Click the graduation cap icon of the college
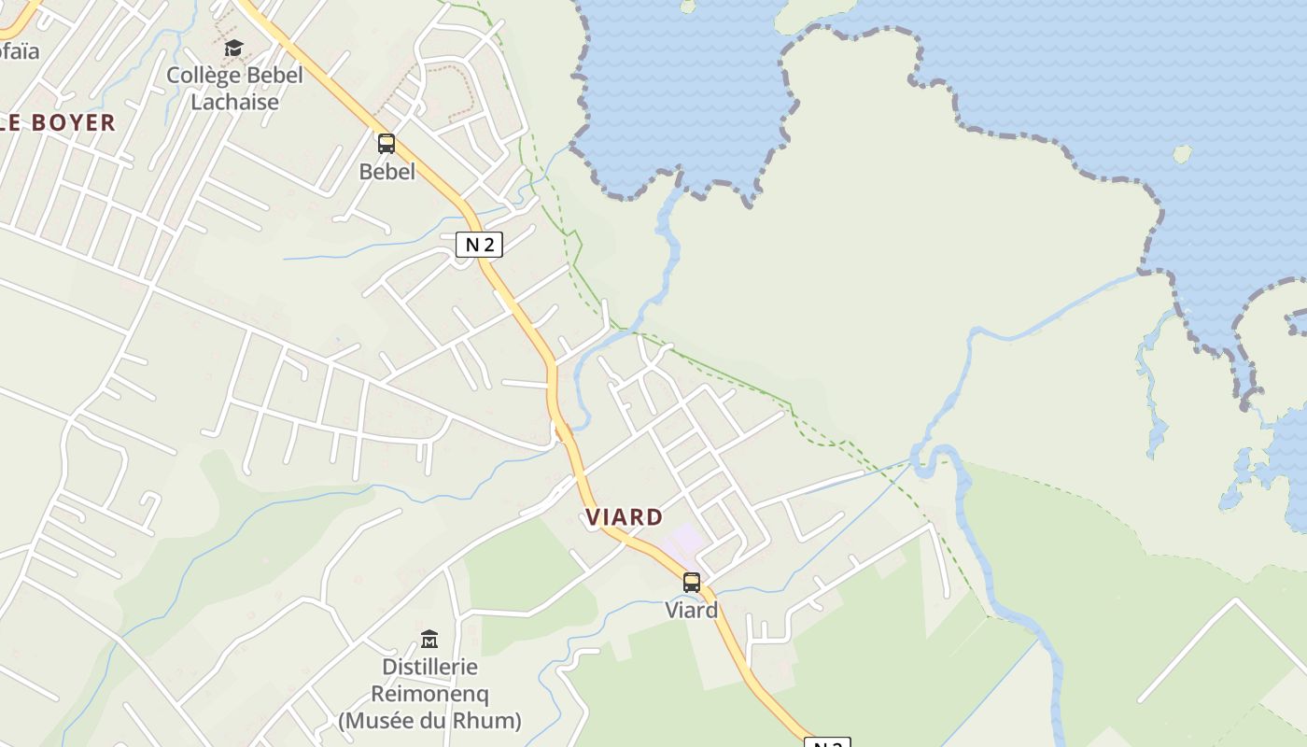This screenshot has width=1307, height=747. click(233, 48)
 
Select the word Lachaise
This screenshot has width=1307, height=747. click(234, 102)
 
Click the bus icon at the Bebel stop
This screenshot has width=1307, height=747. click(386, 144)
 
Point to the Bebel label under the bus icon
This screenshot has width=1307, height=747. click(386, 172)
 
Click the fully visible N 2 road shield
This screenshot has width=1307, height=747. click(479, 245)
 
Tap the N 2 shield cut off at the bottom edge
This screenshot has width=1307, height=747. click(827, 743)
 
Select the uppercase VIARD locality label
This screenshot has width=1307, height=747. click(625, 516)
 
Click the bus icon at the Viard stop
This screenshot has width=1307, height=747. click(691, 583)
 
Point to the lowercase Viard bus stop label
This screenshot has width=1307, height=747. click(691, 611)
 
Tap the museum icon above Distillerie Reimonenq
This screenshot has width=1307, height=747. click(429, 639)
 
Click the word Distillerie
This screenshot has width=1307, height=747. click(429, 667)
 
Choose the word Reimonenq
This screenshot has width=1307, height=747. click(429, 694)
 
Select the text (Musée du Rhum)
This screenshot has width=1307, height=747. click(429, 721)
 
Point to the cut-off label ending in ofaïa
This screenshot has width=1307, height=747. click(19, 51)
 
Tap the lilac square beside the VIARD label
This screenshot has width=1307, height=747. click(685, 539)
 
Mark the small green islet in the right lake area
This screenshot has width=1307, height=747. click(1182, 153)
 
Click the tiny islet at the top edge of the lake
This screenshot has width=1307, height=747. click(688, 6)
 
